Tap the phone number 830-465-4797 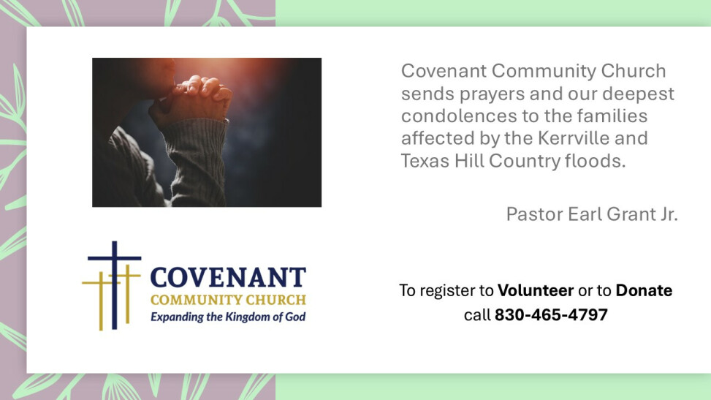(551, 314)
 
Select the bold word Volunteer (536, 290)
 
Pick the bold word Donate (644, 290)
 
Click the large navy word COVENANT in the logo (228, 277)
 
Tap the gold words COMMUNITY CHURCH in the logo (228, 300)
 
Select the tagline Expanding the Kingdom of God (228, 317)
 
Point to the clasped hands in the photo (193, 100)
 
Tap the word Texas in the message (425, 161)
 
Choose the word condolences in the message (459, 116)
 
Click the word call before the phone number (477, 314)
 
